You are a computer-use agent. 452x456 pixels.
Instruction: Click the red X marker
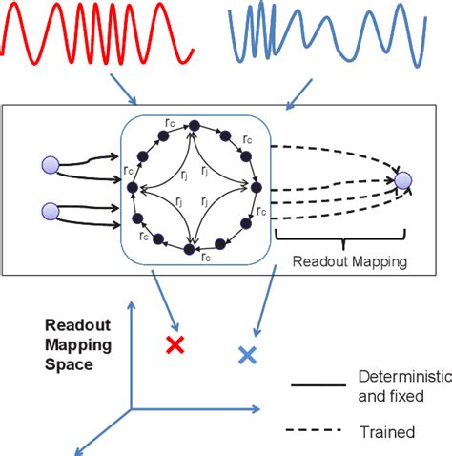tap(175, 344)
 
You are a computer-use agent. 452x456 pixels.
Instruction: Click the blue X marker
tap(247, 355)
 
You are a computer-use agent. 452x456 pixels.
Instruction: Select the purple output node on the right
tap(403, 179)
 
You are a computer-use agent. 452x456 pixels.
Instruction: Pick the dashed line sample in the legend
tap(320, 431)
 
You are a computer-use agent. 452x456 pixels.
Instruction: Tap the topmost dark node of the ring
tap(194, 124)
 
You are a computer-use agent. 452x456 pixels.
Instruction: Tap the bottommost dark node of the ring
tap(192, 250)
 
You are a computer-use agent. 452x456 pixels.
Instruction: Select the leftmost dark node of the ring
tap(133, 188)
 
